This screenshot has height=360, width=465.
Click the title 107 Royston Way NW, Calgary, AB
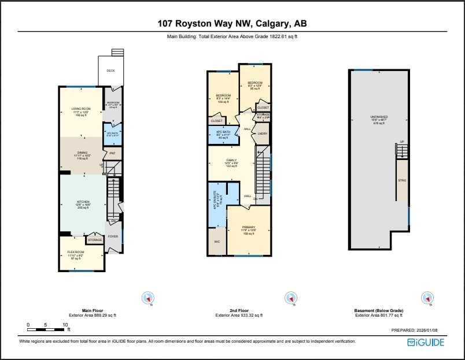click(x=232, y=24)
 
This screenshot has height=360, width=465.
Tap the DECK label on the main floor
click(x=110, y=70)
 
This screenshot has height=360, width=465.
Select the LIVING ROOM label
click(x=81, y=109)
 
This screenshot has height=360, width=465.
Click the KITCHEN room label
click(x=83, y=202)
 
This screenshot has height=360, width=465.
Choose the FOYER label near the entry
click(x=113, y=236)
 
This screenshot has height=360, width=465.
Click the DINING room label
click(x=81, y=154)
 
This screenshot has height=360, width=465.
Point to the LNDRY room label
click(x=262, y=133)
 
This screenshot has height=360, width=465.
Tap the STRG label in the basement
click(x=402, y=180)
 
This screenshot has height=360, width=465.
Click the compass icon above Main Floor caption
click(x=149, y=298)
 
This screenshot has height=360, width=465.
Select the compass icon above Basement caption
click(x=427, y=298)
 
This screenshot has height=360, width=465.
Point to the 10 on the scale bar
click(x=65, y=325)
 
